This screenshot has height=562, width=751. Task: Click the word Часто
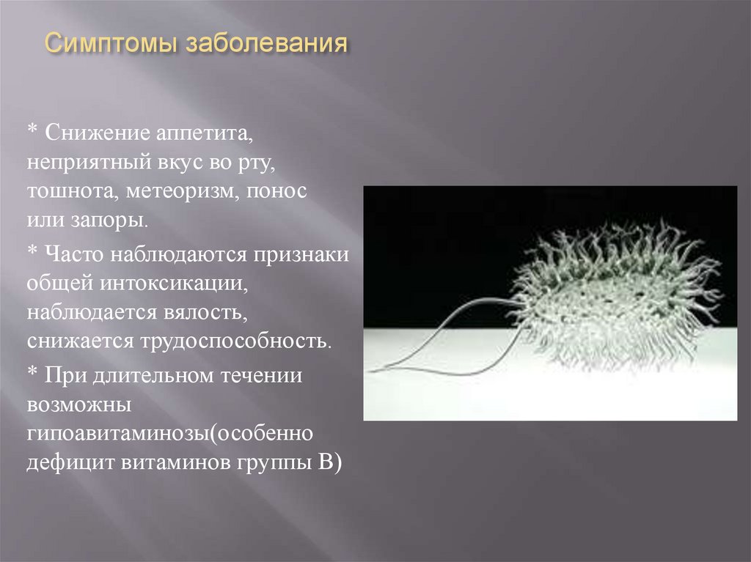coord(74,254)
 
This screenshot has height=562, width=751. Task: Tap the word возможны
coord(79,404)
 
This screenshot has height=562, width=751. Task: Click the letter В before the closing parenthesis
coord(327,462)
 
